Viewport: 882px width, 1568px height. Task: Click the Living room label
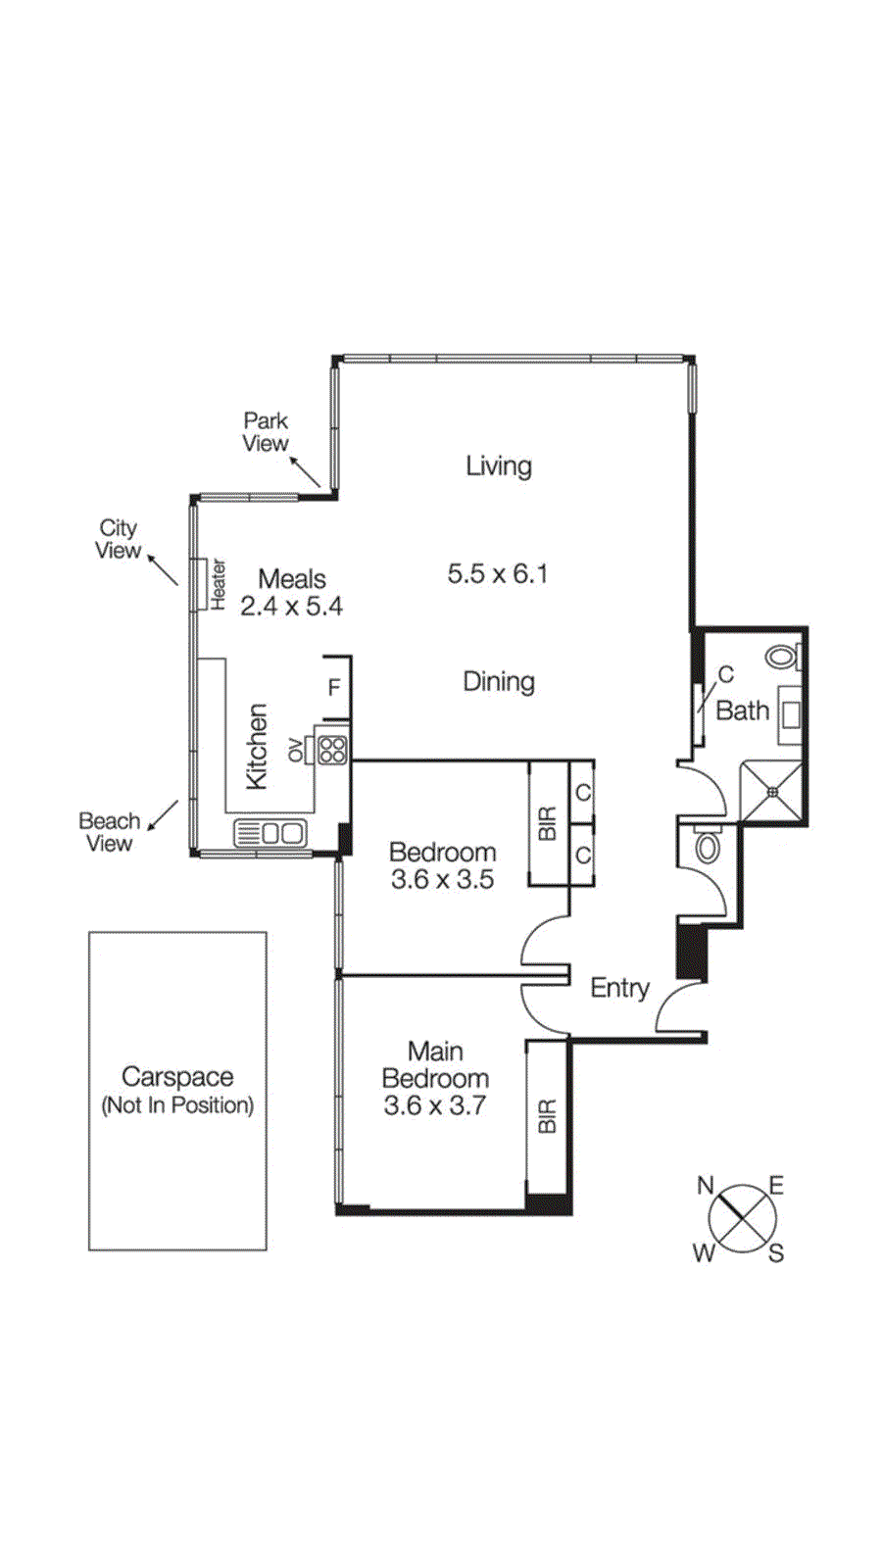point(498,465)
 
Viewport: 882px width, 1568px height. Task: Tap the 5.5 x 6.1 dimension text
point(497,573)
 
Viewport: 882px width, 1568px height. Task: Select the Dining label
point(498,681)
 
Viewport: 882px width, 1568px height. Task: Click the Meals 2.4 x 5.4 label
point(291,593)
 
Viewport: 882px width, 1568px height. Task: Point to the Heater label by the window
point(218,584)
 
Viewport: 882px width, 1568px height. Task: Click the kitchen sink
point(270,833)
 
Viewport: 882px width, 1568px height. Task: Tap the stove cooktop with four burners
point(332,750)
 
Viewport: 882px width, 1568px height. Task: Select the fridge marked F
point(334,687)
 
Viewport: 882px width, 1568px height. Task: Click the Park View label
point(266,432)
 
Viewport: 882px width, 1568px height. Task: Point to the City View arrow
point(163,569)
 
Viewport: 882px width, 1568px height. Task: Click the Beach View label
point(109,832)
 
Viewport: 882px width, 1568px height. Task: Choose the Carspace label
point(177,1089)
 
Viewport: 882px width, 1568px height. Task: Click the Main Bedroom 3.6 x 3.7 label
point(435,1078)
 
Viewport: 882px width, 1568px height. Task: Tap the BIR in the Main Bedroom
point(547,1116)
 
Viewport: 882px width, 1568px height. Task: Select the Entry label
point(619,988)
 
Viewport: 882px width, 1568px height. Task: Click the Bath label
point(742,710)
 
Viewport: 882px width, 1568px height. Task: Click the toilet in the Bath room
point(782,656)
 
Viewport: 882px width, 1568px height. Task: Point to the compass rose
point(742,1218)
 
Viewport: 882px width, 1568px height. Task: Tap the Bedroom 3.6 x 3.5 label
point(442,865)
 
